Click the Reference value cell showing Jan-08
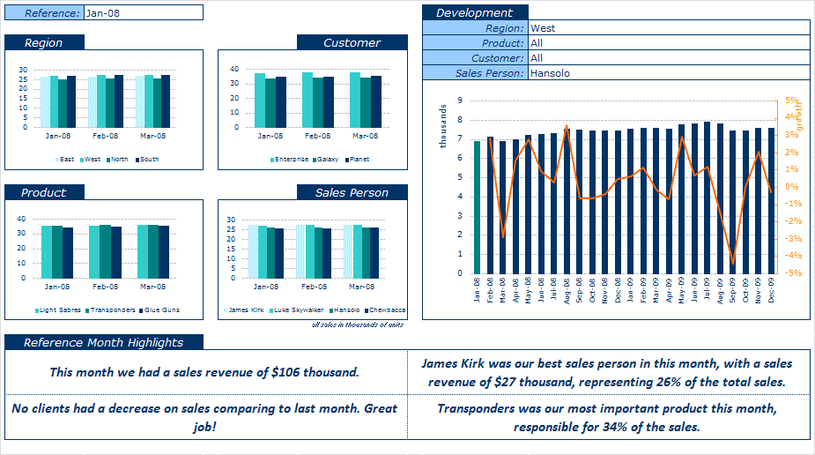point(143,12)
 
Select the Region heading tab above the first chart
point(45,42)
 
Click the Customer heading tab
point(352,42)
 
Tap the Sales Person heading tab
point(352,192)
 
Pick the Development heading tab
point(475,12)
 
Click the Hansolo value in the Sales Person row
point(551,73)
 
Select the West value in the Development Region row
point(543,28)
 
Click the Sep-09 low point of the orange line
point(733,264)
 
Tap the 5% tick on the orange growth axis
point(791,101)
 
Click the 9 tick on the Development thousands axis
point(460,101)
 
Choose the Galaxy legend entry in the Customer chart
point(326,160)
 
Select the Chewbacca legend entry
point(386,310)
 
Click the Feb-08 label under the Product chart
point(105,287)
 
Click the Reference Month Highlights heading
point(104,342)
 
